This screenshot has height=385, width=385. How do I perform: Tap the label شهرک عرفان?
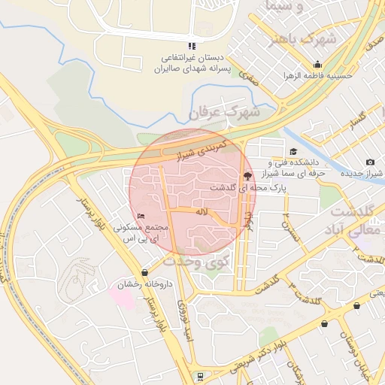click(x=224, y=113)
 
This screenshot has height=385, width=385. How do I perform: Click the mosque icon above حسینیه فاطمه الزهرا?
click(x=319, y=65)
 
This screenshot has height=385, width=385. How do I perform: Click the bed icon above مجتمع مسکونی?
click(x=141, y=217)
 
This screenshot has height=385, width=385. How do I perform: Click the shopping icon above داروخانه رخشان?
click(x=144, y=272)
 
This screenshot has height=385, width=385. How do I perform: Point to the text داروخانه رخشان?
click(x=144, y=285)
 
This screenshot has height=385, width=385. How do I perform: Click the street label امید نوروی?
click(x=185, y=314)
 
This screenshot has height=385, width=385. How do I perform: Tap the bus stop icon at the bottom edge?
click(x=199, y=376)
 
